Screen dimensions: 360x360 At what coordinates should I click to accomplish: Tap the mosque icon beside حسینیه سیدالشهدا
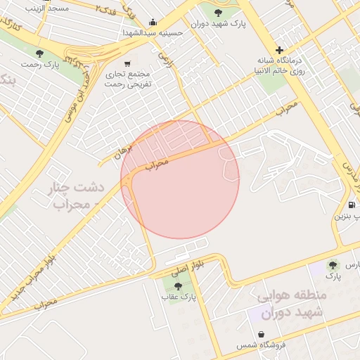coord(153,22)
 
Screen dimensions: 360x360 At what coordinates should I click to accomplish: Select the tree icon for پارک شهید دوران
coord(218,12)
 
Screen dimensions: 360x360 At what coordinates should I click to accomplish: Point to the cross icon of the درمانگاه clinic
coord(280,50)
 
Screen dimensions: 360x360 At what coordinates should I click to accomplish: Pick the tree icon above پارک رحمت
coord(39,53)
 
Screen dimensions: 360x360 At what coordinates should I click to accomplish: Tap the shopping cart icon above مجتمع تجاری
coord(127,63)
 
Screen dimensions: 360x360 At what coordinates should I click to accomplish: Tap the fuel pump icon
coord(351,205)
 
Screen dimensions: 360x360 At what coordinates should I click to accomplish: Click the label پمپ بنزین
coord(347,217)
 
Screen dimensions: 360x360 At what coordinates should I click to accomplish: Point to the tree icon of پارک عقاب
coord(178,286)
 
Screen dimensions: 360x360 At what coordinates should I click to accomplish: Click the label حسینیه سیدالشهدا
coord(153,33)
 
